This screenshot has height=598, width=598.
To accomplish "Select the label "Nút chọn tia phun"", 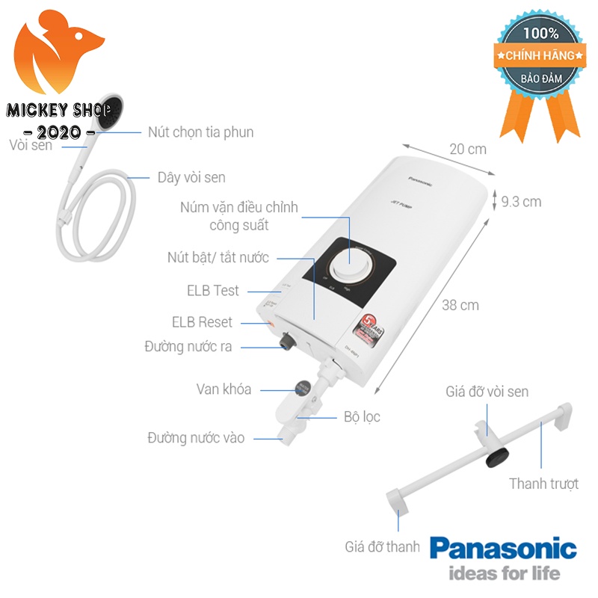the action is point(200,132).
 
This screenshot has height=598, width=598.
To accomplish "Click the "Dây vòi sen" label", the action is point(191,177).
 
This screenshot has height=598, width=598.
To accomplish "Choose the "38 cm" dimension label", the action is point(460,305).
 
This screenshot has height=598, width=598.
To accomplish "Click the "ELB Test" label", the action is point(213,290).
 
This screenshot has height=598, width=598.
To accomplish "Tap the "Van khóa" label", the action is point(224,389).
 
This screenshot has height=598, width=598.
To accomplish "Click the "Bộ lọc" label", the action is point(362,416).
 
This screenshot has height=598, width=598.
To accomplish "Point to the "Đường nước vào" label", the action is point(195,437).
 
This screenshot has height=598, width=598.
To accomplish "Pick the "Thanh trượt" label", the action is point(544,484).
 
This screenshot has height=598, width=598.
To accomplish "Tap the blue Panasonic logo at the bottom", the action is point(503,550).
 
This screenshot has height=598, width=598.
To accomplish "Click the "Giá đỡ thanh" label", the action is point(382,547).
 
